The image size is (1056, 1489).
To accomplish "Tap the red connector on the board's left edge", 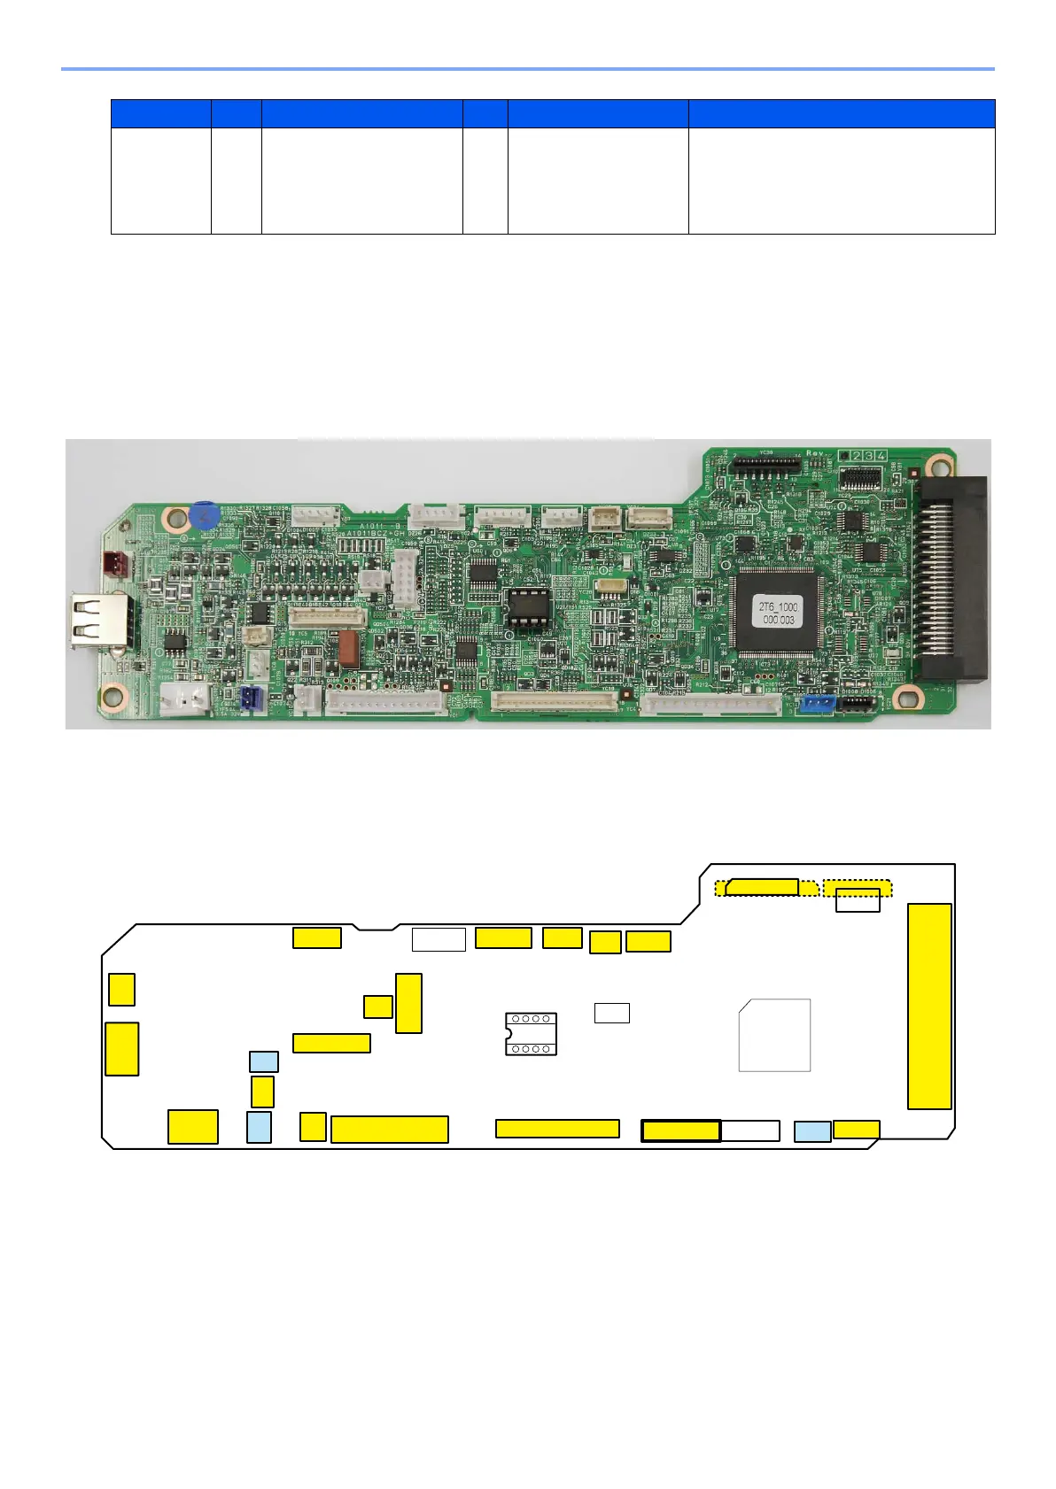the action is coord(114,562).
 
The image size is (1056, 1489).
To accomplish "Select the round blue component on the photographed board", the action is coord(204,515).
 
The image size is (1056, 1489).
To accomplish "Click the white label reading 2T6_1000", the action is coord(778,613).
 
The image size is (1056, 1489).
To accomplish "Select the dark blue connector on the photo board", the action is coord(252,699).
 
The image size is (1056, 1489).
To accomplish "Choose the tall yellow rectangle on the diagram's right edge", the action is coord(929,1006).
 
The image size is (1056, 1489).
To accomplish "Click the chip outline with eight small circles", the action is coord(531,1034).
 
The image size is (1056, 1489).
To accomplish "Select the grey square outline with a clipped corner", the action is coord(774,1035).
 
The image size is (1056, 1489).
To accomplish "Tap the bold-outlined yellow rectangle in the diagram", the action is coord(680,1130).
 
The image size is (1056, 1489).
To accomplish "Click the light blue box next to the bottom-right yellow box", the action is coord(812,1130).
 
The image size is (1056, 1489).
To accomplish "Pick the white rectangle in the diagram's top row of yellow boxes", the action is coord(439,939).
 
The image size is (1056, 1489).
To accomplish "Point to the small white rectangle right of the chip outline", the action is coord(611,1013).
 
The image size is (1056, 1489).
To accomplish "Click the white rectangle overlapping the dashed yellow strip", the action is coord(858,899).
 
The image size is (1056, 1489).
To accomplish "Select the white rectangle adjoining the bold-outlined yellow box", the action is coord(750,1130).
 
